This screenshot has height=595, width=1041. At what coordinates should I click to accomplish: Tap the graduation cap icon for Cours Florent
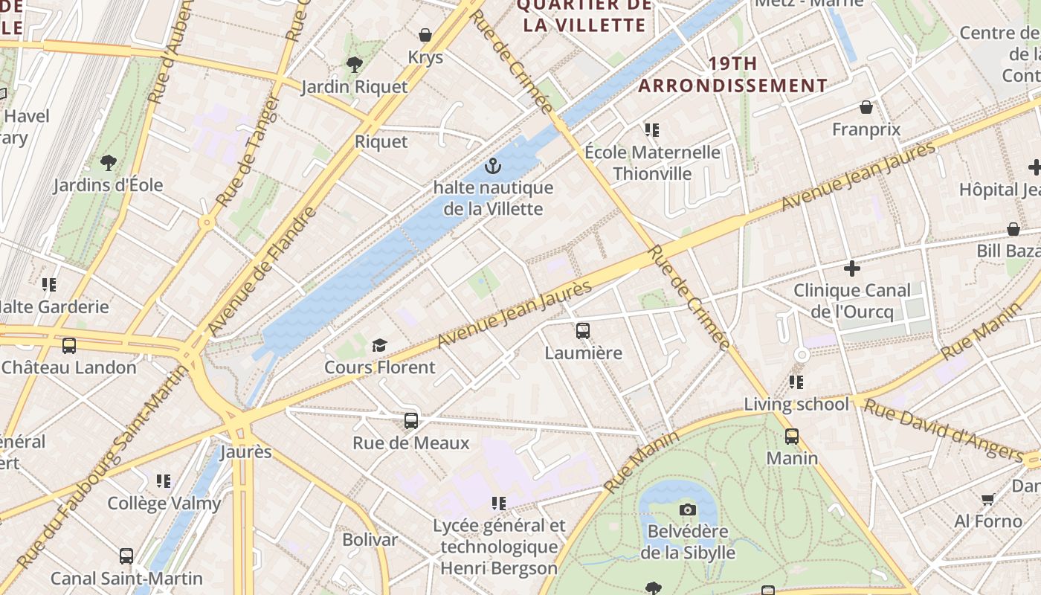click(380, 345)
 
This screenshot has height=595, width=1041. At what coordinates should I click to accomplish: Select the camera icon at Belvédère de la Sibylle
click(688, 509)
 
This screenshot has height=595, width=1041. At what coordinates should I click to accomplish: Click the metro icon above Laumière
click(583, 331)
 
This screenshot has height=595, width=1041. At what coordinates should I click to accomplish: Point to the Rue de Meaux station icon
click(411, 421)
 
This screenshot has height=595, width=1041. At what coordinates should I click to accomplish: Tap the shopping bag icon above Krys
click(425, 35)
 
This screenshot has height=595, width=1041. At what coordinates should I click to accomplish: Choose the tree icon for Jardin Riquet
click(355, 65)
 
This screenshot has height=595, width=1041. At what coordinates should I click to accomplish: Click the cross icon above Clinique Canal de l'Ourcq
click(852, 268)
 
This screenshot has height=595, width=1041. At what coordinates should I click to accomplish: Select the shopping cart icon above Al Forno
click(988, 499)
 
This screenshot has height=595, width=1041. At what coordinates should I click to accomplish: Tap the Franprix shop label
click(866, 129)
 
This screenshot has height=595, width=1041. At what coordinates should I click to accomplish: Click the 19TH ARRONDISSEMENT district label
click(732, 74)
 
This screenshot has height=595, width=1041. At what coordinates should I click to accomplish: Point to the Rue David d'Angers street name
click(943, 430)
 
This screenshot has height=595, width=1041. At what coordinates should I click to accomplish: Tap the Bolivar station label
click(370, 539)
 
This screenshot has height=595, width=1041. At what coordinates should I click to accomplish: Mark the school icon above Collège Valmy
click(164, 481)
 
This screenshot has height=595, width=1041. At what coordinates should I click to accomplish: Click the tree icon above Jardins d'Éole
click(109, 162)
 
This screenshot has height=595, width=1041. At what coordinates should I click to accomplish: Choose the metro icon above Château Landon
click(69, 346)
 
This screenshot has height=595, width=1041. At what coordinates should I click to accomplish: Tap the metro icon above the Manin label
click(792, 437)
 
